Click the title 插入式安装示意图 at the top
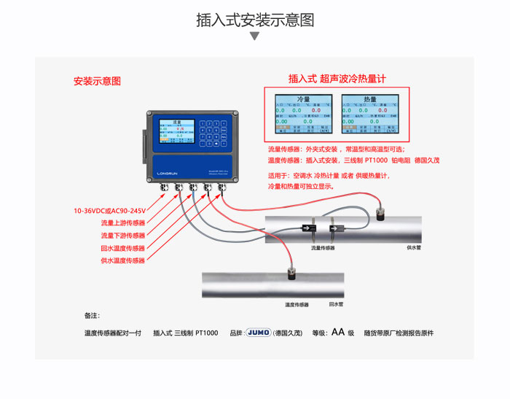[255, 20]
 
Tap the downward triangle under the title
[255, 36]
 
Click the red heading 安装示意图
[97, 81]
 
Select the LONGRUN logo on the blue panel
[170, 173]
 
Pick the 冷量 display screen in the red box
[303, 116]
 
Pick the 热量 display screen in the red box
[370, 116]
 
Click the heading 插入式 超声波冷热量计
[337, 78]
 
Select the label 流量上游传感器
[122, 223]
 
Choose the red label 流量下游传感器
[122, 236]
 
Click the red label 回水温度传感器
[122, 248]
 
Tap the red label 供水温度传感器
[122, 260]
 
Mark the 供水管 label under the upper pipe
[413, 248]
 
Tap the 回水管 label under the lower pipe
[336, 304]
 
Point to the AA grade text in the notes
[337, 332]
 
